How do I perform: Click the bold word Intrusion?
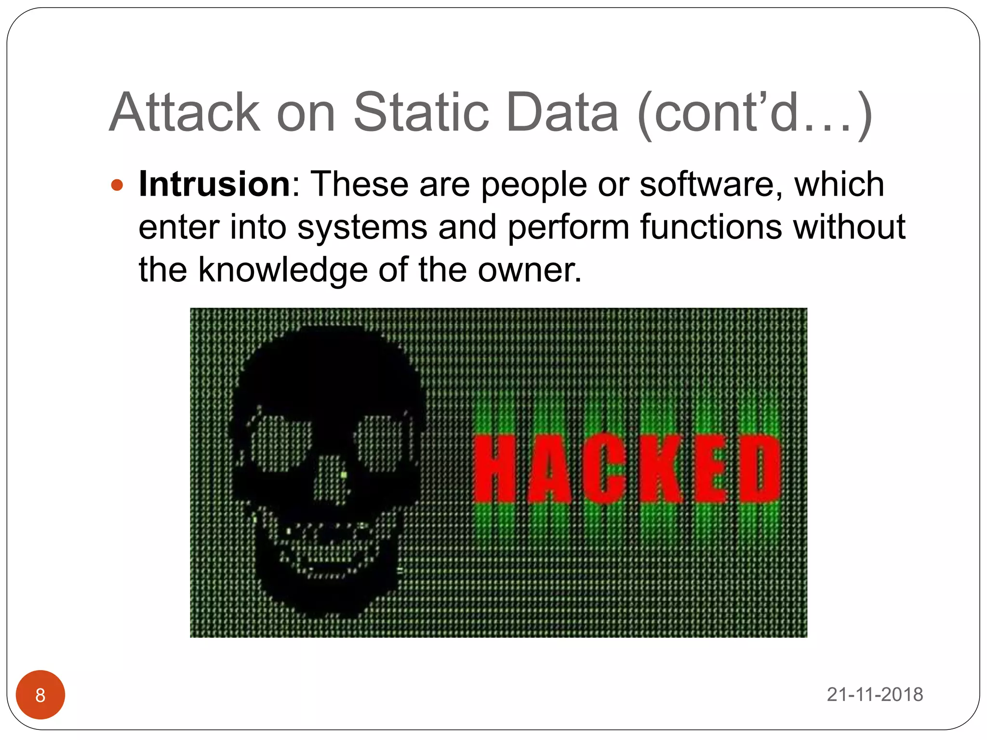click(x=214, y=185)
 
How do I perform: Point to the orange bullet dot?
click(x=117, y=185)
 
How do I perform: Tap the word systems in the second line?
click(x=362, y=227)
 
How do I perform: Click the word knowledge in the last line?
click(x=283, y=270)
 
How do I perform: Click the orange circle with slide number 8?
click(x=40, y=695)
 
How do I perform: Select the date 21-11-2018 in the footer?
click(x=875, y=695)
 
